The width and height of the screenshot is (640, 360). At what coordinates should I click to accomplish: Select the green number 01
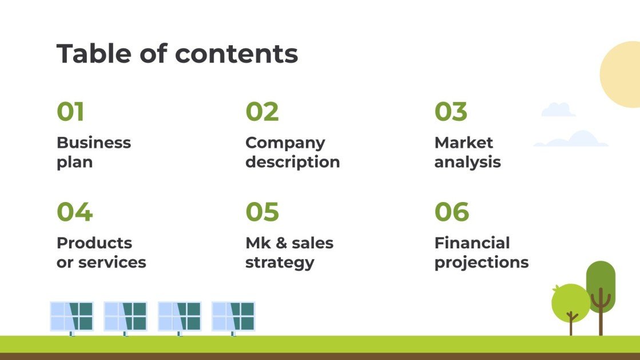[x=70, y=112]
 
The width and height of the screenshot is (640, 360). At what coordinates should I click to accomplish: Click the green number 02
[x=262, y=112]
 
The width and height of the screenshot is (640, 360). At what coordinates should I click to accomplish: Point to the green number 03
[x=451, y=112]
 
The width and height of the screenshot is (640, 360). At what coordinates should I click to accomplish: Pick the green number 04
[x=74, y=212]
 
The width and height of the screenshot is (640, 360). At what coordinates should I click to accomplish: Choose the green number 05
[x=262, y=212]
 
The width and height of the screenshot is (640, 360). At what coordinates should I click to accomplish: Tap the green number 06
[x=451, y=212]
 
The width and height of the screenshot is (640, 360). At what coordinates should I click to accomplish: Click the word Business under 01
[x=94, y=143]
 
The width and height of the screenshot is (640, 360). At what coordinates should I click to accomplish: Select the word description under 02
[x=292, y=162]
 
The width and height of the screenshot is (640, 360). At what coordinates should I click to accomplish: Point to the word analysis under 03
[x=467, y=162]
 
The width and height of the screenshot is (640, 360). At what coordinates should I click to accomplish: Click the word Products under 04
[x=94, y=243]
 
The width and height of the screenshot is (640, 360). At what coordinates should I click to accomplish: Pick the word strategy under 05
[x=280, y=263]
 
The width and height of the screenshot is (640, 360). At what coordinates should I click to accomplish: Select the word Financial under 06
[x=472, y=243]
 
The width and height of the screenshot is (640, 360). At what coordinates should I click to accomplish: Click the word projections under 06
[x=481, y=263]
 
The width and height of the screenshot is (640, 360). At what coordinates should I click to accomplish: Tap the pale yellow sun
[x=623, y=74]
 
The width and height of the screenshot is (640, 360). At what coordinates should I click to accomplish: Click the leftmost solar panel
[x=71, y=316]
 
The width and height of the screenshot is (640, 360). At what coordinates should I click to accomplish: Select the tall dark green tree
[x=601, y=286]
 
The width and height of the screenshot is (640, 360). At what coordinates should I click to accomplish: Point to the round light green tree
[x=570, y=302]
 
